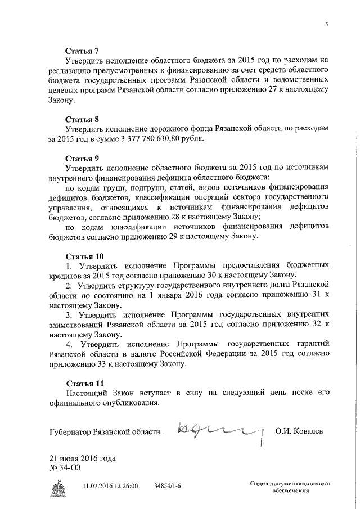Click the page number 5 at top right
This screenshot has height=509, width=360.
click(326, 24)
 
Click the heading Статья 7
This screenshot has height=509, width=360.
click(82, 50)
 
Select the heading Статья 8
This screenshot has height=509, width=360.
click(82, 119)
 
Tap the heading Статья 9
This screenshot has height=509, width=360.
click(82, 158)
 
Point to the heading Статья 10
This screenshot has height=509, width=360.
click(84, 256)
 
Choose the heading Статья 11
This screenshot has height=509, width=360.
click(84, 384)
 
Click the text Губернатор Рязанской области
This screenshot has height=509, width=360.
click(104, 431)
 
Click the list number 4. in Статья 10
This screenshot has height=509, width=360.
click(69, 344)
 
